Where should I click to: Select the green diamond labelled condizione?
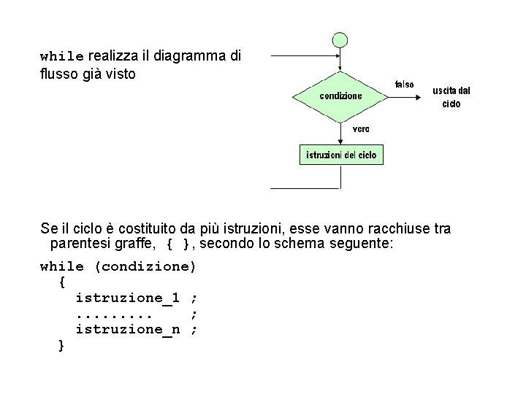pyautogui.click(x=340, y=96)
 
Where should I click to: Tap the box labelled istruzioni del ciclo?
pyautogui.click(x=340, y=155)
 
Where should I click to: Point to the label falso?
pyautogui.click(x=404, y=85)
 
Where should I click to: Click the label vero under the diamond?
pyautogui.click(x=361, y=128)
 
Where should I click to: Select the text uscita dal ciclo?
pyautogui.click(x=451, y=97)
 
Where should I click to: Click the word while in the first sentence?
pyautogui.click(x=62, y=56)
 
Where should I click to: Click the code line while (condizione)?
pyautogui.click(x=118, y=266)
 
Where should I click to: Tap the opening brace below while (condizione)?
pyautogui.click(x=61, y=282)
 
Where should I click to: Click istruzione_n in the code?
pyautogui.click(x=128, y=329)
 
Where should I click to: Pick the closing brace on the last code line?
pyautogui.click(x=61, y=344)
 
